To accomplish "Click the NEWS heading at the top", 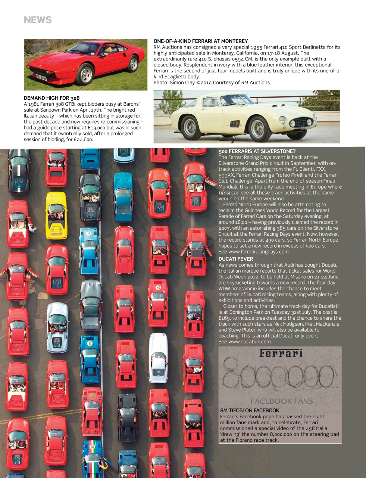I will pos(38,20).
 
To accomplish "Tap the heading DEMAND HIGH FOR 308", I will pos(51,98).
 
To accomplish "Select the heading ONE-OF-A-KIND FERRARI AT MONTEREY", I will pos(201,41).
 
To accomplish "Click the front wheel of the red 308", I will pos(86,75).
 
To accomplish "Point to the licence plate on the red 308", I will pos(41,78).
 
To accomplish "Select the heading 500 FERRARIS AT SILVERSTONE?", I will pos(257,151).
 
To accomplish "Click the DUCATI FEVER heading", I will pos(236,259).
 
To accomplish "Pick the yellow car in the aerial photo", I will pos(56,215).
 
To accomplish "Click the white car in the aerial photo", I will pos(158,357).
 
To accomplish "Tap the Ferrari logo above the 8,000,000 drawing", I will pos(281,353).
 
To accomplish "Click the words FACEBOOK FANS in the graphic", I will pos(282,401).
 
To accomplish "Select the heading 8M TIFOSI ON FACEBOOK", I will pos(250,410).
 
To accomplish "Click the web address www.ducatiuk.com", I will pos(250,342).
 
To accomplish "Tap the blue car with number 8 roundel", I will pos(90,358).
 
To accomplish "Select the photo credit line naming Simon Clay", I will pos(212,83).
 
